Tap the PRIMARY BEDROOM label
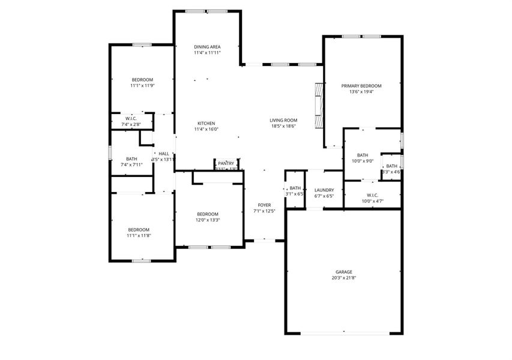tap(361, 86)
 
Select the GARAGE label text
tap(343, 272)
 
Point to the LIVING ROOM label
tap(283, 121)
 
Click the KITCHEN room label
tap(206, 123)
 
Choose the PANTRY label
tap(226, 163)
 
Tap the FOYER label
tap(264, 205)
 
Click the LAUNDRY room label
tap(324, 190)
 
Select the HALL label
tap(164, 154)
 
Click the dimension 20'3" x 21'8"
tap(343, 278)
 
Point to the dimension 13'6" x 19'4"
tap(361, 92)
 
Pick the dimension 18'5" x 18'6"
tap(283, 127)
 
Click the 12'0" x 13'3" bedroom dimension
tap(208, 220)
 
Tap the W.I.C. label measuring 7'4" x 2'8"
tap(131, 119)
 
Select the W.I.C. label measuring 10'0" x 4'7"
tap(372, 195)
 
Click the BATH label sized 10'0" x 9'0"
tap(362, 155)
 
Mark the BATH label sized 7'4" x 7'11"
tap(131, 159)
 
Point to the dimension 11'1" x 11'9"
tap(142, 86)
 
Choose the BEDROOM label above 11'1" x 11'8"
tap(138, 230)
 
